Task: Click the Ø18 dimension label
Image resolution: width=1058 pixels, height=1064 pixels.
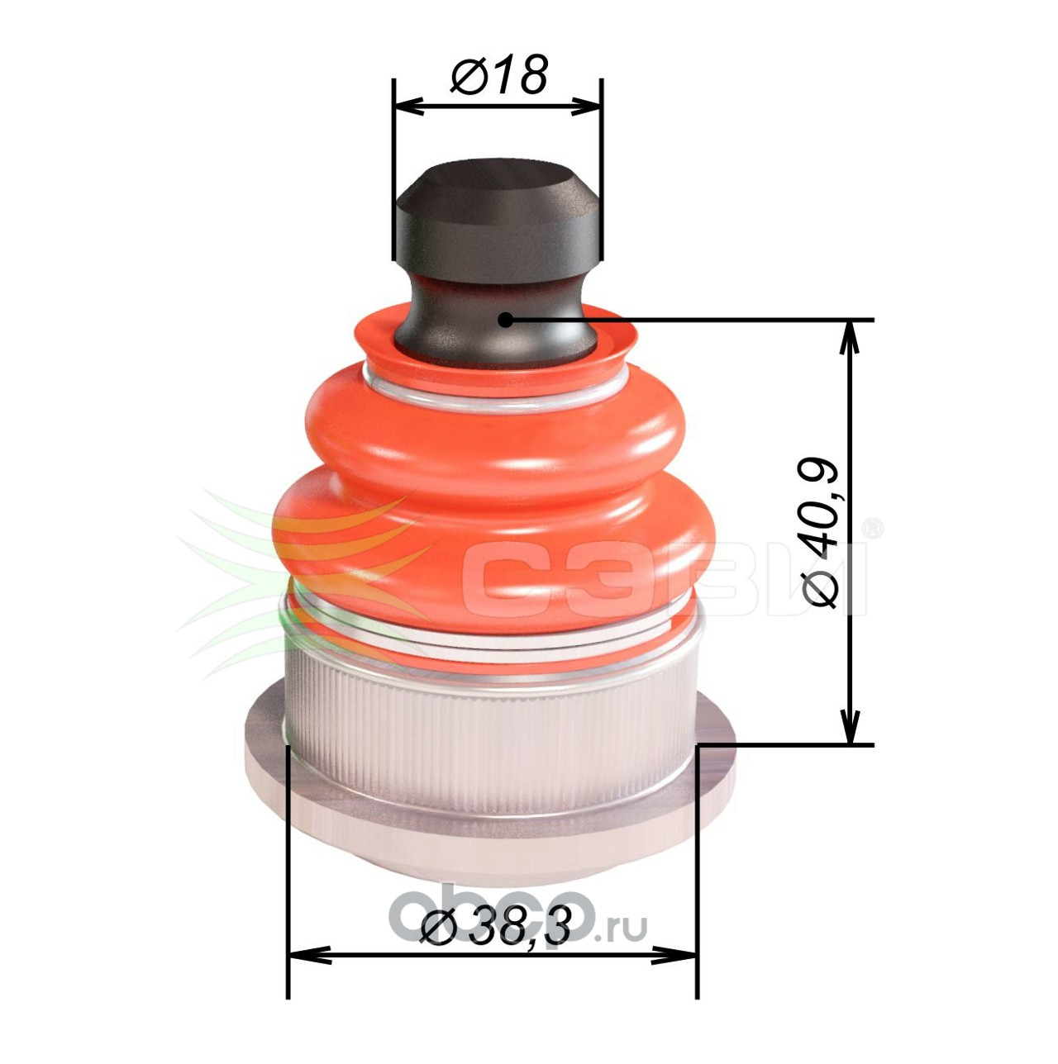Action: point(498,74)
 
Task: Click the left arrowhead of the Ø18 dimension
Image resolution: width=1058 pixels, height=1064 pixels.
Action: point(410,106)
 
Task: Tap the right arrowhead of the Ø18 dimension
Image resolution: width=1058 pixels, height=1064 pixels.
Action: point(585,106)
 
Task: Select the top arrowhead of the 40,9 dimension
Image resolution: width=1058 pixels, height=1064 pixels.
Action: point(851,338)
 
